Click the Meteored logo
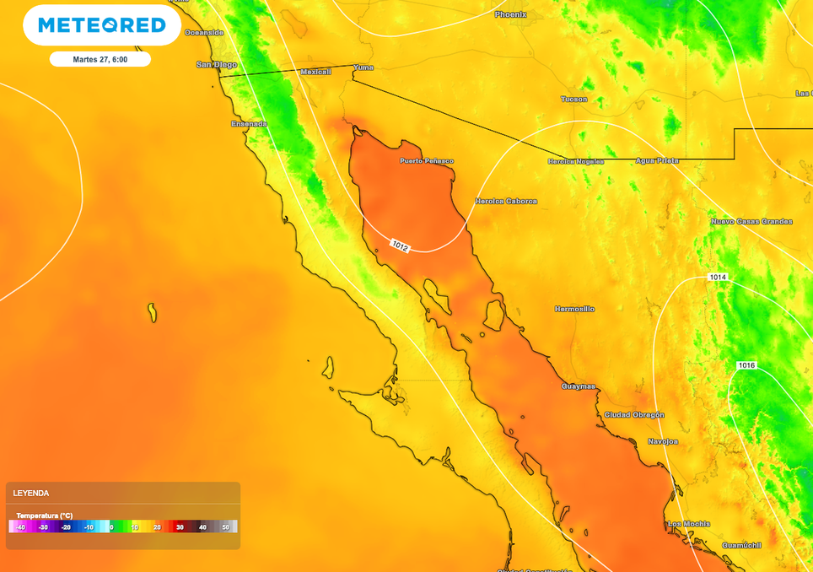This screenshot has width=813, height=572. pyautogui.click(x=101, y=25)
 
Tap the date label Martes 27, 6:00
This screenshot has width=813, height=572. pyautogui.click(x=100, y=59)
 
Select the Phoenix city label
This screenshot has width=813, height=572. pyautogui.click(x=510, y=14)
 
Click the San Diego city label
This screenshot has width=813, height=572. pyautogui.click(x=216, y=64)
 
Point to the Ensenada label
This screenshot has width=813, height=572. pyautogui.click(x=249, y=124)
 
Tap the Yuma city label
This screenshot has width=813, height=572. pyautogui.click(x=363, y=67)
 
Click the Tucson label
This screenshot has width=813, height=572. pyautogui.click(x=573, y=99)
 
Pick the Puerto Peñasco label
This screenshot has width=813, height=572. pyautogui.click(x=426, y=160)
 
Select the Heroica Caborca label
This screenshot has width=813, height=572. pyautogui.click(x=506, y=201)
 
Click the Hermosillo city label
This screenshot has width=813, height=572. pyautogui.click(x=574, y=309)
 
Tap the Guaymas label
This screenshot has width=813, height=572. pyautogui.click(x=579, y=386)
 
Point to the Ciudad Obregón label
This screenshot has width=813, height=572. pyautogui.click(x=634, y=414)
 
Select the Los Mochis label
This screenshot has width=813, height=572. pyautogui.click(x=688, y=524)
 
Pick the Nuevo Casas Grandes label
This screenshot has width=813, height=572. pyautogui.click(x=751, y=221)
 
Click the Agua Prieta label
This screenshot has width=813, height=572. pyautogui.click(x=657, y=160)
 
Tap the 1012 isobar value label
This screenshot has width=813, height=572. pyautogui.click(x=400, y=246)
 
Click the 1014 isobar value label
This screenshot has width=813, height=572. pyautogui.click(x=718, y=278)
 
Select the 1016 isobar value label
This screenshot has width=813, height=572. pyautogui.click(x=746, y=365)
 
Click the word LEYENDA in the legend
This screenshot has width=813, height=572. pyautogui.click(x=31, y=493)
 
